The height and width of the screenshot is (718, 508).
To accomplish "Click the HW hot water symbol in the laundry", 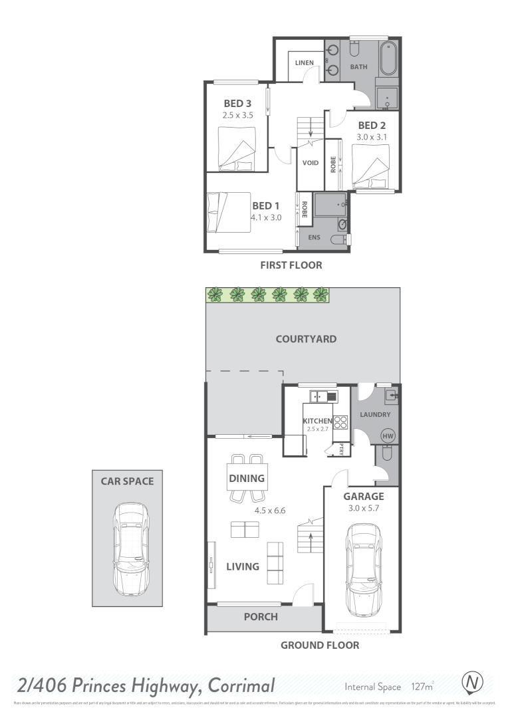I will tap(388, 436).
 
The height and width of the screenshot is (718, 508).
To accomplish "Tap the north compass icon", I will tap(472, 683).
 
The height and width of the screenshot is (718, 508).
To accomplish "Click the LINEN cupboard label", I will tap(305, 63).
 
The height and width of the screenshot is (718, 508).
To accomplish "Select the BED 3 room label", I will tap(237, 103).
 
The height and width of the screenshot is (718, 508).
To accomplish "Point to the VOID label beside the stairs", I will tap(311, 163).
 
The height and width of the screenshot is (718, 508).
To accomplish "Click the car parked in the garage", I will tap(363, 570).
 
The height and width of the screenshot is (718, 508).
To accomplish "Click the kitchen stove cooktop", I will tap(340, 423).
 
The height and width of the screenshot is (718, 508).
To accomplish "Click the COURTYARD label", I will tap(306, 338).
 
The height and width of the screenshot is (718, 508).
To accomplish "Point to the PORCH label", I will tap(261, 616).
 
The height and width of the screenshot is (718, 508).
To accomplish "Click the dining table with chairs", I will tap(247, 478).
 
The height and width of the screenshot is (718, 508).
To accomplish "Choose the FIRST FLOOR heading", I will tap(292, 265).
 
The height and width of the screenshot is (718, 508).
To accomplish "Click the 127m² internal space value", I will tap(422, 687).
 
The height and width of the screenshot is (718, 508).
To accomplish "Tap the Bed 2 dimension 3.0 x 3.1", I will tap(372, 137).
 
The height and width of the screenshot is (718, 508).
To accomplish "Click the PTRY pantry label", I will tap(342, 449).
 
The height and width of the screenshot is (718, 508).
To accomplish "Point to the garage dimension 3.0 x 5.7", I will tap(363, 509).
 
